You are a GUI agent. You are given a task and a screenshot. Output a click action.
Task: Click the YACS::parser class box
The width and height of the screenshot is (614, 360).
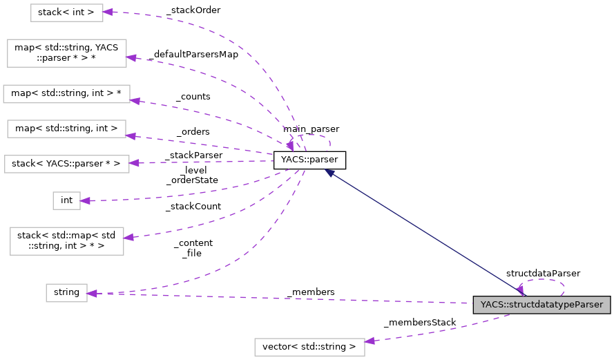309,160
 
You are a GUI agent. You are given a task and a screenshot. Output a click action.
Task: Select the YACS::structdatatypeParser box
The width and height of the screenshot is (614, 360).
541,304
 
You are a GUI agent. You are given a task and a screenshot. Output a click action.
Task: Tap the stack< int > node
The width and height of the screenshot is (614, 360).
66,12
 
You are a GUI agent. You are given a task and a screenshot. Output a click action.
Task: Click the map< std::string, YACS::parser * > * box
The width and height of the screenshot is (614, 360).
66,53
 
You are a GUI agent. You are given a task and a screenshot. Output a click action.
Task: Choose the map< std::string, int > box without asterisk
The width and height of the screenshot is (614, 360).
66,128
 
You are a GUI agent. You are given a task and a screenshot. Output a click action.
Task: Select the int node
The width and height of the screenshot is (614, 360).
66,200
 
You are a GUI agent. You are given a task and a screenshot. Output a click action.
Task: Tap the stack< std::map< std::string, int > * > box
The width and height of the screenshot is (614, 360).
66,240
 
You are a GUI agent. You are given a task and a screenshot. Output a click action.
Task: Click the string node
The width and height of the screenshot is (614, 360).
66,292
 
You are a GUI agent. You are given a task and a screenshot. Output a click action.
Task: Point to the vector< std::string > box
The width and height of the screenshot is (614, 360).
309,346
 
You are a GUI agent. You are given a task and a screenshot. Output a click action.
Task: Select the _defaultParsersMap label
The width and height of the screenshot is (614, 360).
193,54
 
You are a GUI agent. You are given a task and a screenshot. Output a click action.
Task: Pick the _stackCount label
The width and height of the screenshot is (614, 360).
193,206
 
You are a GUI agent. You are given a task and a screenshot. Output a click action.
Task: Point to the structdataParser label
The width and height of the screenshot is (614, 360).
543,273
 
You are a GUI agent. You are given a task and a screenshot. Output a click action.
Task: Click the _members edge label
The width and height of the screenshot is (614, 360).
310,292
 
